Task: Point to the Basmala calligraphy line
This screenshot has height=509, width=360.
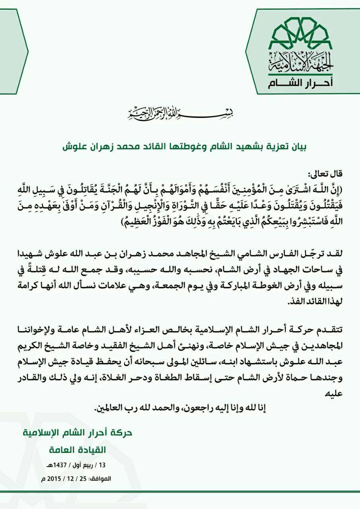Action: click(x=167, y=114)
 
